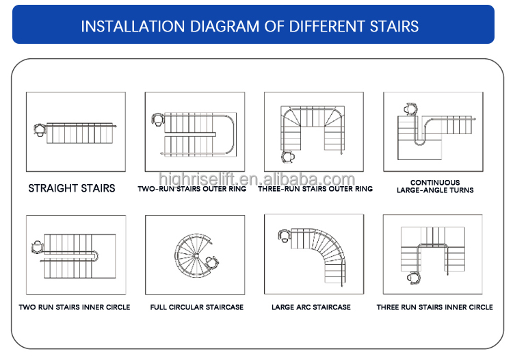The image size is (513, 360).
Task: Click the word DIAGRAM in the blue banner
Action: point(225,27)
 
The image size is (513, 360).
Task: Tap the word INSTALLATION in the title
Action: point(133,27)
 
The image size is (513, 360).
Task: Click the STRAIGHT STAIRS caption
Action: point(72,188)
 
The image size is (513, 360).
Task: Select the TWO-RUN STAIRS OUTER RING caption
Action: point(192,189)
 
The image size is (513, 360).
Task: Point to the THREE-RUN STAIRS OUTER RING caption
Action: point(315,189)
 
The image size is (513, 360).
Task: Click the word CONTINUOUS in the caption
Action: point(435,182)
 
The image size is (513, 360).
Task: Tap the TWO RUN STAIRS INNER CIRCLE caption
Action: point(75,307)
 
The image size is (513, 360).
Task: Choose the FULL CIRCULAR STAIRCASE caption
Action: point(196,307)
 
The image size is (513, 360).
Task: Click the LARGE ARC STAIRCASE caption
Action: point(311,307)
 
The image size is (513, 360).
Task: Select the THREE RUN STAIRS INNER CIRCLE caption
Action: point(434,307)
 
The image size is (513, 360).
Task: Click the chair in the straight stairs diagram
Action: point(40,130)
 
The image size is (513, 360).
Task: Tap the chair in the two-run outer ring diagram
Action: point(158,120)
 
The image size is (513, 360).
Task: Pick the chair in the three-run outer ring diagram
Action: point(288,157)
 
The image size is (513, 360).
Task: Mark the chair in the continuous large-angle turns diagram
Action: point(410,109)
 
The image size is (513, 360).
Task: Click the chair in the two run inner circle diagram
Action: point(38,247)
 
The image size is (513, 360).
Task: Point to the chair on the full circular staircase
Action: point(211,262)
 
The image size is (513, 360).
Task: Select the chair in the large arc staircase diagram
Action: point(285,235)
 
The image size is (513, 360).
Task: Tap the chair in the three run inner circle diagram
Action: point(414,277)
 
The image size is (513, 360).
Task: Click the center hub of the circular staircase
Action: point(196,255)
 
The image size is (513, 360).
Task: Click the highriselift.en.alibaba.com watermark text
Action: point(256,179)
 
